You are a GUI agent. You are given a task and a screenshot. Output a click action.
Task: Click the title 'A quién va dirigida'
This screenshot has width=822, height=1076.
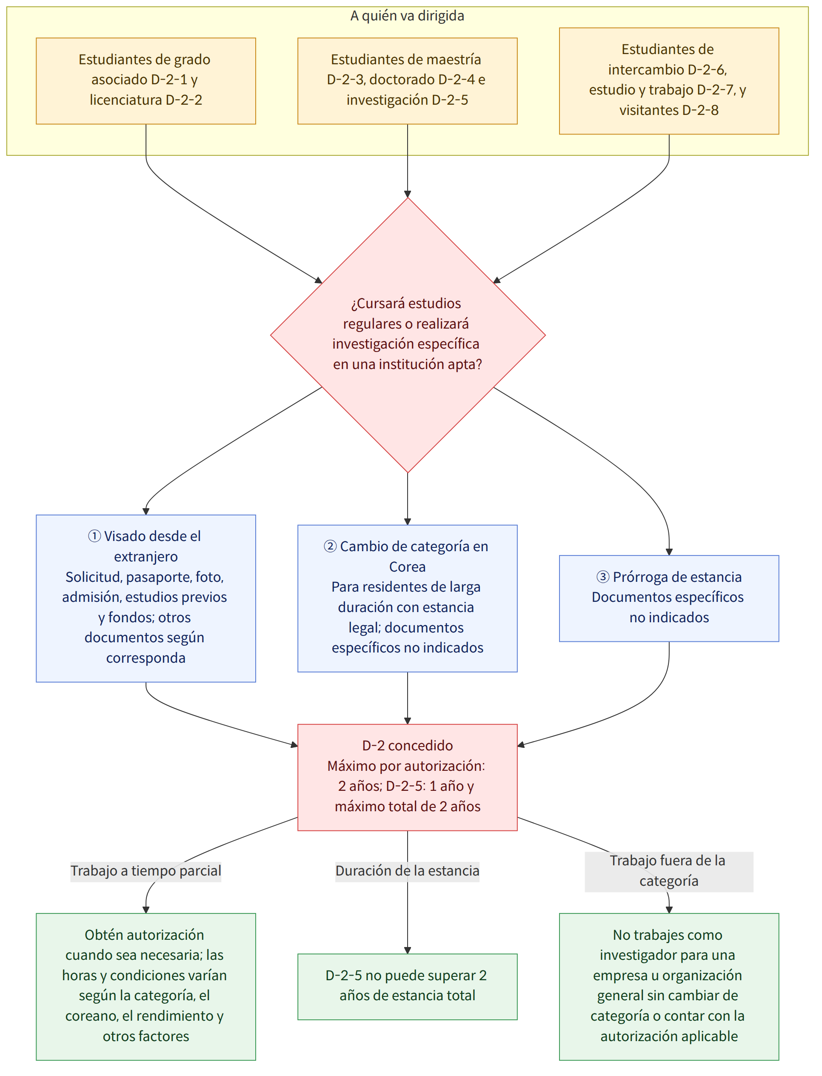tap(407, 16)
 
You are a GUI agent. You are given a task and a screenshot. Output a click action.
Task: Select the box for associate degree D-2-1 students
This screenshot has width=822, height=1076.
tap(146, 81)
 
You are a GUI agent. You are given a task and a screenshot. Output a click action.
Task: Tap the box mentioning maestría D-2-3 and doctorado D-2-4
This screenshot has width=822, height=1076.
tap(407, 81)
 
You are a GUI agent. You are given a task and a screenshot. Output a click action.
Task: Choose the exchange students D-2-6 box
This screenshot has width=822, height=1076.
tap(669, 81)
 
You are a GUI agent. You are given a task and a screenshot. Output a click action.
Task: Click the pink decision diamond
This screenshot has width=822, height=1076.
tap(408, 335)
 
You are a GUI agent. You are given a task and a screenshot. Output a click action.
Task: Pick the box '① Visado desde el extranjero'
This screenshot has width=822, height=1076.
tap(146, 598)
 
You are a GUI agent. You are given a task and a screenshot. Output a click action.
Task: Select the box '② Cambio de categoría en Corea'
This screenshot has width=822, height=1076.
tap(407, 598)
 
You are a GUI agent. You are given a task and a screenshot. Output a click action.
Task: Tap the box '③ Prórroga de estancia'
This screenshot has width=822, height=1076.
tap(669, 598)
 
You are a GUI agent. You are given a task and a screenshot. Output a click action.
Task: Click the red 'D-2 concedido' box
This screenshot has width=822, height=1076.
tap(407, 777)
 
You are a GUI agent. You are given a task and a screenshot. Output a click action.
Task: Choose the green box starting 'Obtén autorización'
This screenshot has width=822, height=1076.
tap(146, 987)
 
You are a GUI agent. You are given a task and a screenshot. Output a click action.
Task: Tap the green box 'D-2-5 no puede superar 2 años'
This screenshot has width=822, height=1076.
tap(407, 987)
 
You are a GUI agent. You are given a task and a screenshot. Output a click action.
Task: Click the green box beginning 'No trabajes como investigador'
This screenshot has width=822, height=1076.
tap(669, 987)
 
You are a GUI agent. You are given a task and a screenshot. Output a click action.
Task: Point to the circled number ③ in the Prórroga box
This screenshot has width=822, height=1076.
tap(603, 577)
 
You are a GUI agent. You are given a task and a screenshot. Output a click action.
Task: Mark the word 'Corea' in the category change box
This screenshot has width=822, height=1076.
tap(407, 567)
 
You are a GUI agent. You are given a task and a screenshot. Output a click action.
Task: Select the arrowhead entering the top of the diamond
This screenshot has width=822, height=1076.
tap(408, 194)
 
